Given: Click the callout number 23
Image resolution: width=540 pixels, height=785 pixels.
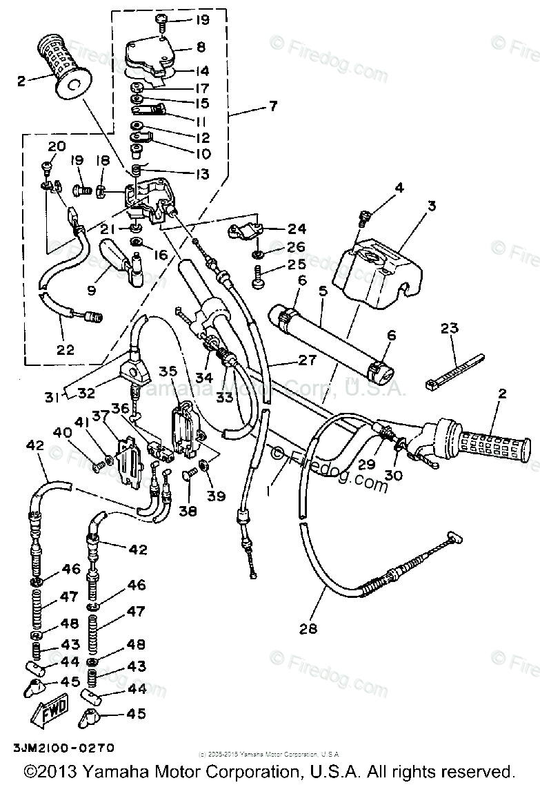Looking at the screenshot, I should click(449, 329).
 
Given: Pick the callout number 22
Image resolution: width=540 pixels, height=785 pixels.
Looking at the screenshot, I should click(66, 349).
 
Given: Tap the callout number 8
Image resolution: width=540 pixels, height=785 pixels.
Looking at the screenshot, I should click(201, 48).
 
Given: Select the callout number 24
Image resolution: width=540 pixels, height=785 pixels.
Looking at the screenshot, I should click(297, 229).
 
